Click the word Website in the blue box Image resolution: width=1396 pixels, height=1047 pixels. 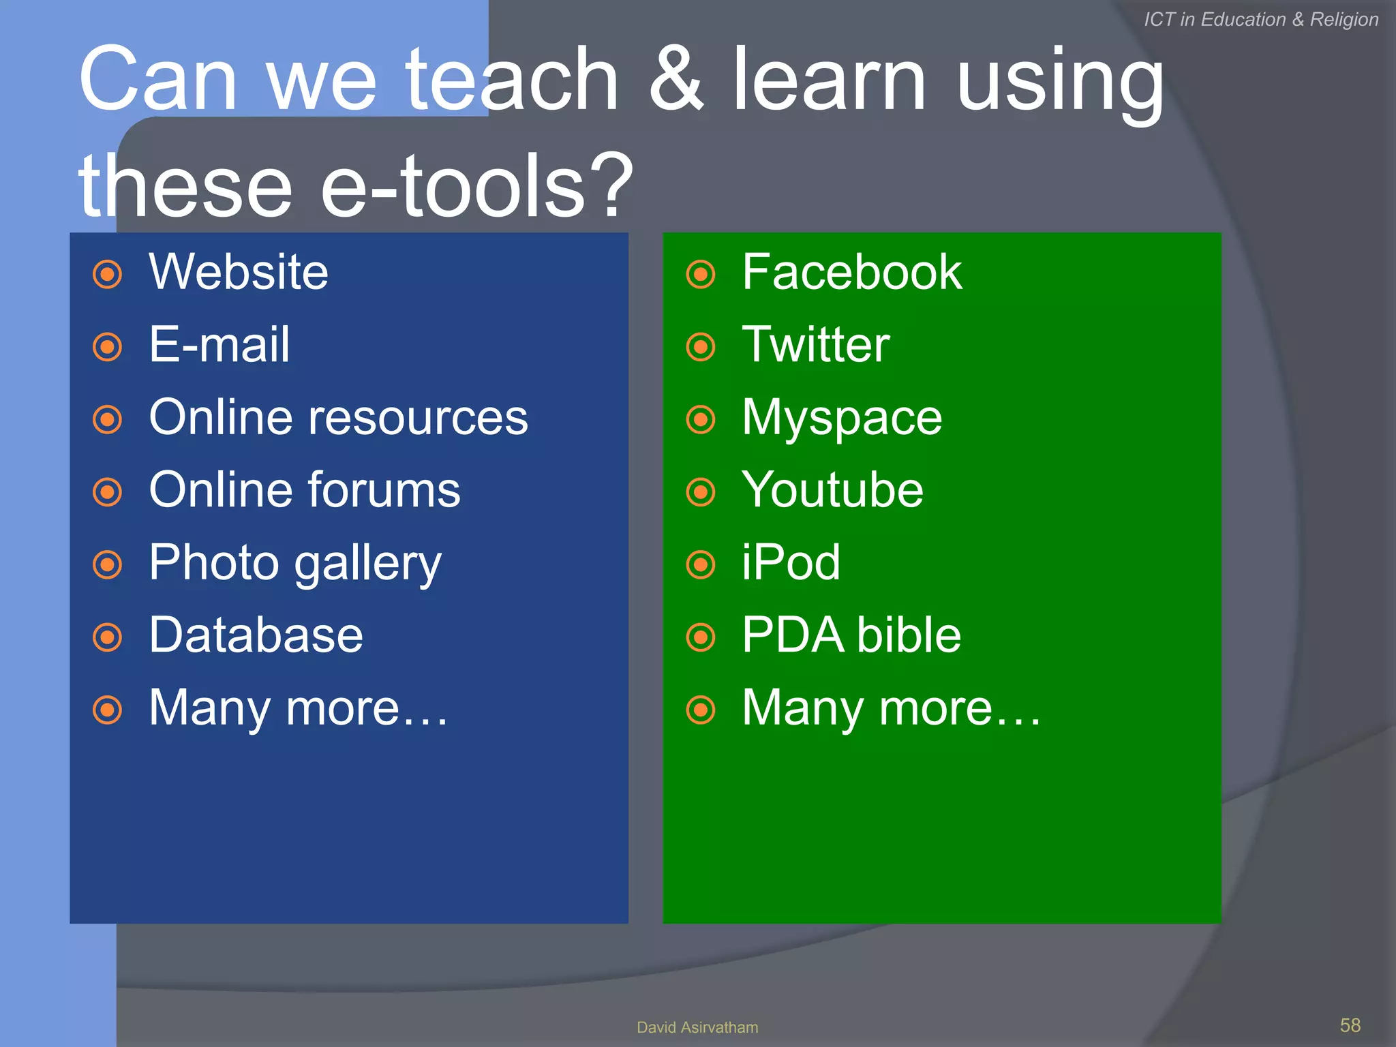(239, 272)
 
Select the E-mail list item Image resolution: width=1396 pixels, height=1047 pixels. (219, 344)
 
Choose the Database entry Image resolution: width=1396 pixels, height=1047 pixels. (256, 635)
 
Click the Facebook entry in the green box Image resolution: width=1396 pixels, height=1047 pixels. (851, 272)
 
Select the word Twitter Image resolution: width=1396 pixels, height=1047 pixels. (815, 344)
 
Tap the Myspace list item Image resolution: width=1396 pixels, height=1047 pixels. (842, 419)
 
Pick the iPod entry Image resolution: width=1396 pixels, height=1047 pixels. (791, 562)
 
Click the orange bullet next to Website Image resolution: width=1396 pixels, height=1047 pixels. (108, 275)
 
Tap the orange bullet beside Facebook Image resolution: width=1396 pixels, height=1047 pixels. (701, 275)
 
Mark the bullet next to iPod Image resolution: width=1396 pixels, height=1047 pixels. (701, 564)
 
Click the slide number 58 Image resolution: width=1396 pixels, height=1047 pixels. (1350, 1025)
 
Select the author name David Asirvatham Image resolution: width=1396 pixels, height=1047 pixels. (697, 1027)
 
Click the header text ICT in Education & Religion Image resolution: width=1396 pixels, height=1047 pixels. (1261, 19)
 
